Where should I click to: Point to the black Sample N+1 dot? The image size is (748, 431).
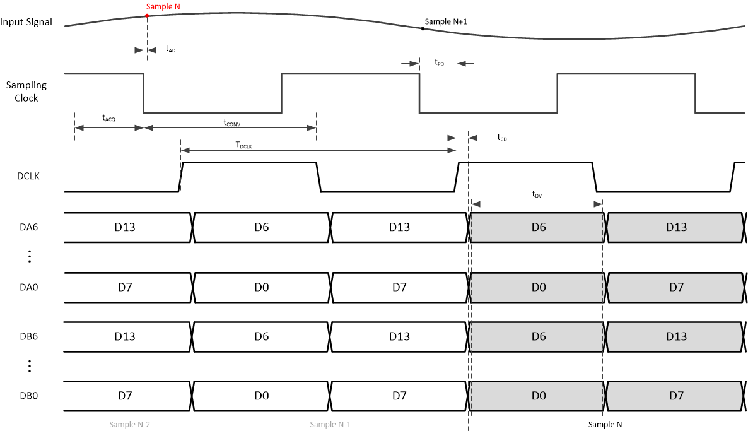[423, 28]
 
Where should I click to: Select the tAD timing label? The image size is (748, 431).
[170, 49]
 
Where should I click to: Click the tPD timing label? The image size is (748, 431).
[439, 62]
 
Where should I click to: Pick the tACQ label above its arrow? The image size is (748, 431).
[109, 117]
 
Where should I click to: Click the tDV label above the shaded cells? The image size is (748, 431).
[537, 195]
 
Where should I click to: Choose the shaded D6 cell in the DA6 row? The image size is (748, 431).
[538, 227]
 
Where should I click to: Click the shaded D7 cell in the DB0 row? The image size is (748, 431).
[675, 396]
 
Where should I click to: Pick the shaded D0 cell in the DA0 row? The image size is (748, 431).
[538, 288]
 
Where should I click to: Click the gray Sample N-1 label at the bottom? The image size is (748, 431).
[330, 424]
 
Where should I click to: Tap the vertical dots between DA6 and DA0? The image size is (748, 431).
[29, 257]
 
